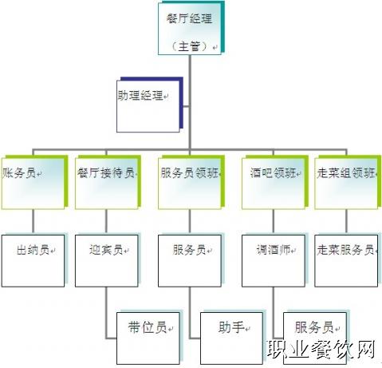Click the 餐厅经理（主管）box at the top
click(x=190, y=29)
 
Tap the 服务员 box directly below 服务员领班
click(x=190, y=261)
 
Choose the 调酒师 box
click(x=274, y=261)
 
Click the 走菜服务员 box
click(x=346, y=261)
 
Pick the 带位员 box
click(x=148, y=338)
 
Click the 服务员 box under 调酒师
click(x=315, y=338)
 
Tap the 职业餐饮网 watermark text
click(x=321, y=349)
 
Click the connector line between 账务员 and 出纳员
click(x=33, y=222)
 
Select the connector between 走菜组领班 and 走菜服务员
click(x=346, y=222)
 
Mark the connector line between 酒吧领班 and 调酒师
click(x=274, y=222)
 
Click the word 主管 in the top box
click(x=189, y=46)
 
